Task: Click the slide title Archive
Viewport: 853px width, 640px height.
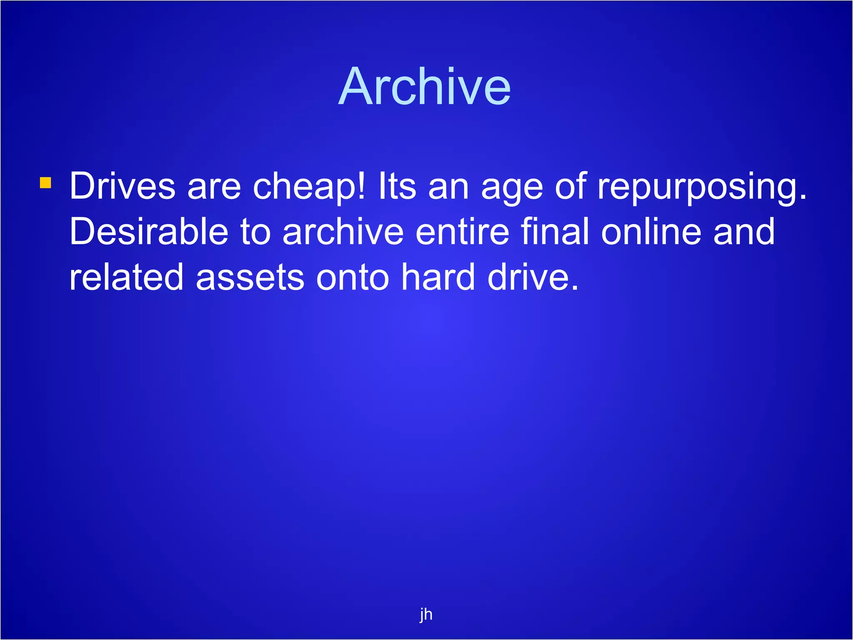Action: [x=424, y=87]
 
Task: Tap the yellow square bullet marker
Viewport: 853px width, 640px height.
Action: [x=45, y=182]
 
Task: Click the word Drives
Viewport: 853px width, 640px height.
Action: [x=122, y=186]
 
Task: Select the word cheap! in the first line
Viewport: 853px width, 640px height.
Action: [x=309, y=186]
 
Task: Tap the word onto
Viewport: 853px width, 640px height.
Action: [x=352, y=278]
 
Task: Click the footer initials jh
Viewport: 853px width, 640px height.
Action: [x=426, y=614]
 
